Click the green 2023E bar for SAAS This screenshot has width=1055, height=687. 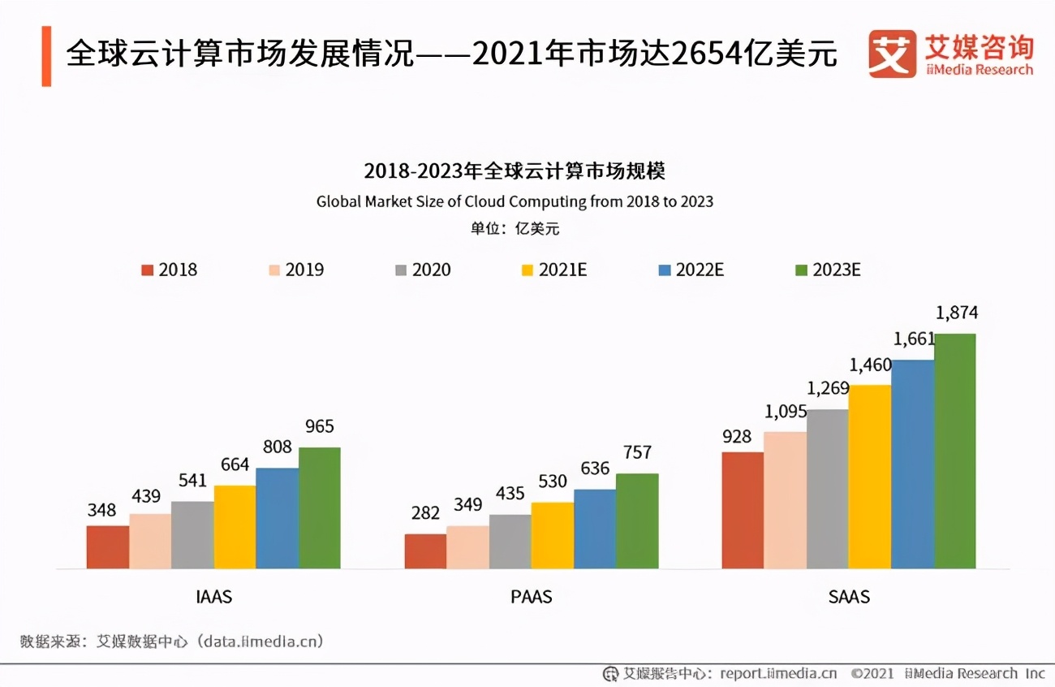click(x=955, y=451)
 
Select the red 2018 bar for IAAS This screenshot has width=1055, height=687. click(x=108, y=547)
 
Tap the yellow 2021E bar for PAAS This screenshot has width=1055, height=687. click(x=553, y=535)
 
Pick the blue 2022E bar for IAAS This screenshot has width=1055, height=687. click(x=277, y=518)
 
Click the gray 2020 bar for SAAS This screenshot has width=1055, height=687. click(x=828, y=489)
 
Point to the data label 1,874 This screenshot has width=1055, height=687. click(x=957, y=313)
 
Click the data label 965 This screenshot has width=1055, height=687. click(x=319, y=426)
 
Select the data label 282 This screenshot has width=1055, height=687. click(x=425, y=513)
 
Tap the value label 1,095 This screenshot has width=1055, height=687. click(x=784, y=412)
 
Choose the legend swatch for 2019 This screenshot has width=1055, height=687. click(x=274, y=270)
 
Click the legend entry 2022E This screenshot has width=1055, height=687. click(x=690, y=270)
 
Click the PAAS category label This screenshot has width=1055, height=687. click(x=532, y=597)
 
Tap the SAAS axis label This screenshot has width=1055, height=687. click(x=849, y=597)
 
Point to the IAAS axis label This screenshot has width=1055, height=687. click(x=213, y=597)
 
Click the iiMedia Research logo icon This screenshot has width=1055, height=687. click(x=892, y=54)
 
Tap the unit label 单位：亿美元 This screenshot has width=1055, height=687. click(x=515, y=229)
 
